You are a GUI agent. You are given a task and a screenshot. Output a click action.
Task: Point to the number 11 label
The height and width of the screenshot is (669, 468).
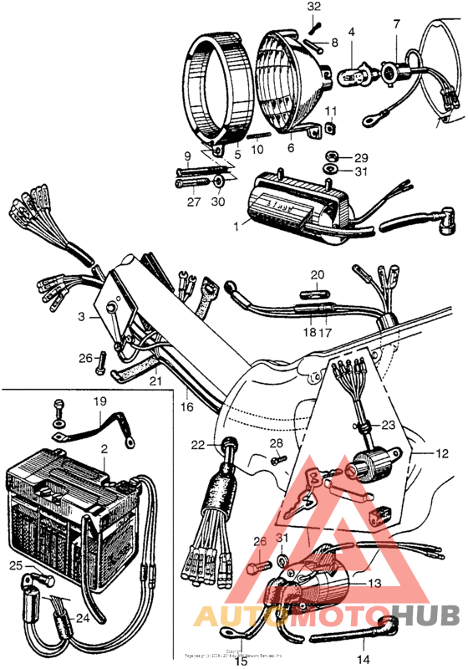tap(331, 111)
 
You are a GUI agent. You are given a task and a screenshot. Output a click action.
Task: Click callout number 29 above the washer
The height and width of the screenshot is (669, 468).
tap(360, 157)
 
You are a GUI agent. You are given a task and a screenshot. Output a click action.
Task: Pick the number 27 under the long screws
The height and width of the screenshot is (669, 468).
tap(194, 202)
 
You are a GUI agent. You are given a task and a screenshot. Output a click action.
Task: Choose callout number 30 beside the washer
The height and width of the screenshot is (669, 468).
tap(220, 202)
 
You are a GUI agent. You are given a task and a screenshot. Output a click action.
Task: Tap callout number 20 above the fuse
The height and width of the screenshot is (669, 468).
tap(317, 274)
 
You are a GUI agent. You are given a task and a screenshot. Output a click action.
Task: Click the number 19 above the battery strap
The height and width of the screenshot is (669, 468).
tap(100, 401)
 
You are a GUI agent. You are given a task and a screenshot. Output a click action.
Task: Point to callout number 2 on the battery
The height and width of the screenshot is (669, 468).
tap(104, 450)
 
